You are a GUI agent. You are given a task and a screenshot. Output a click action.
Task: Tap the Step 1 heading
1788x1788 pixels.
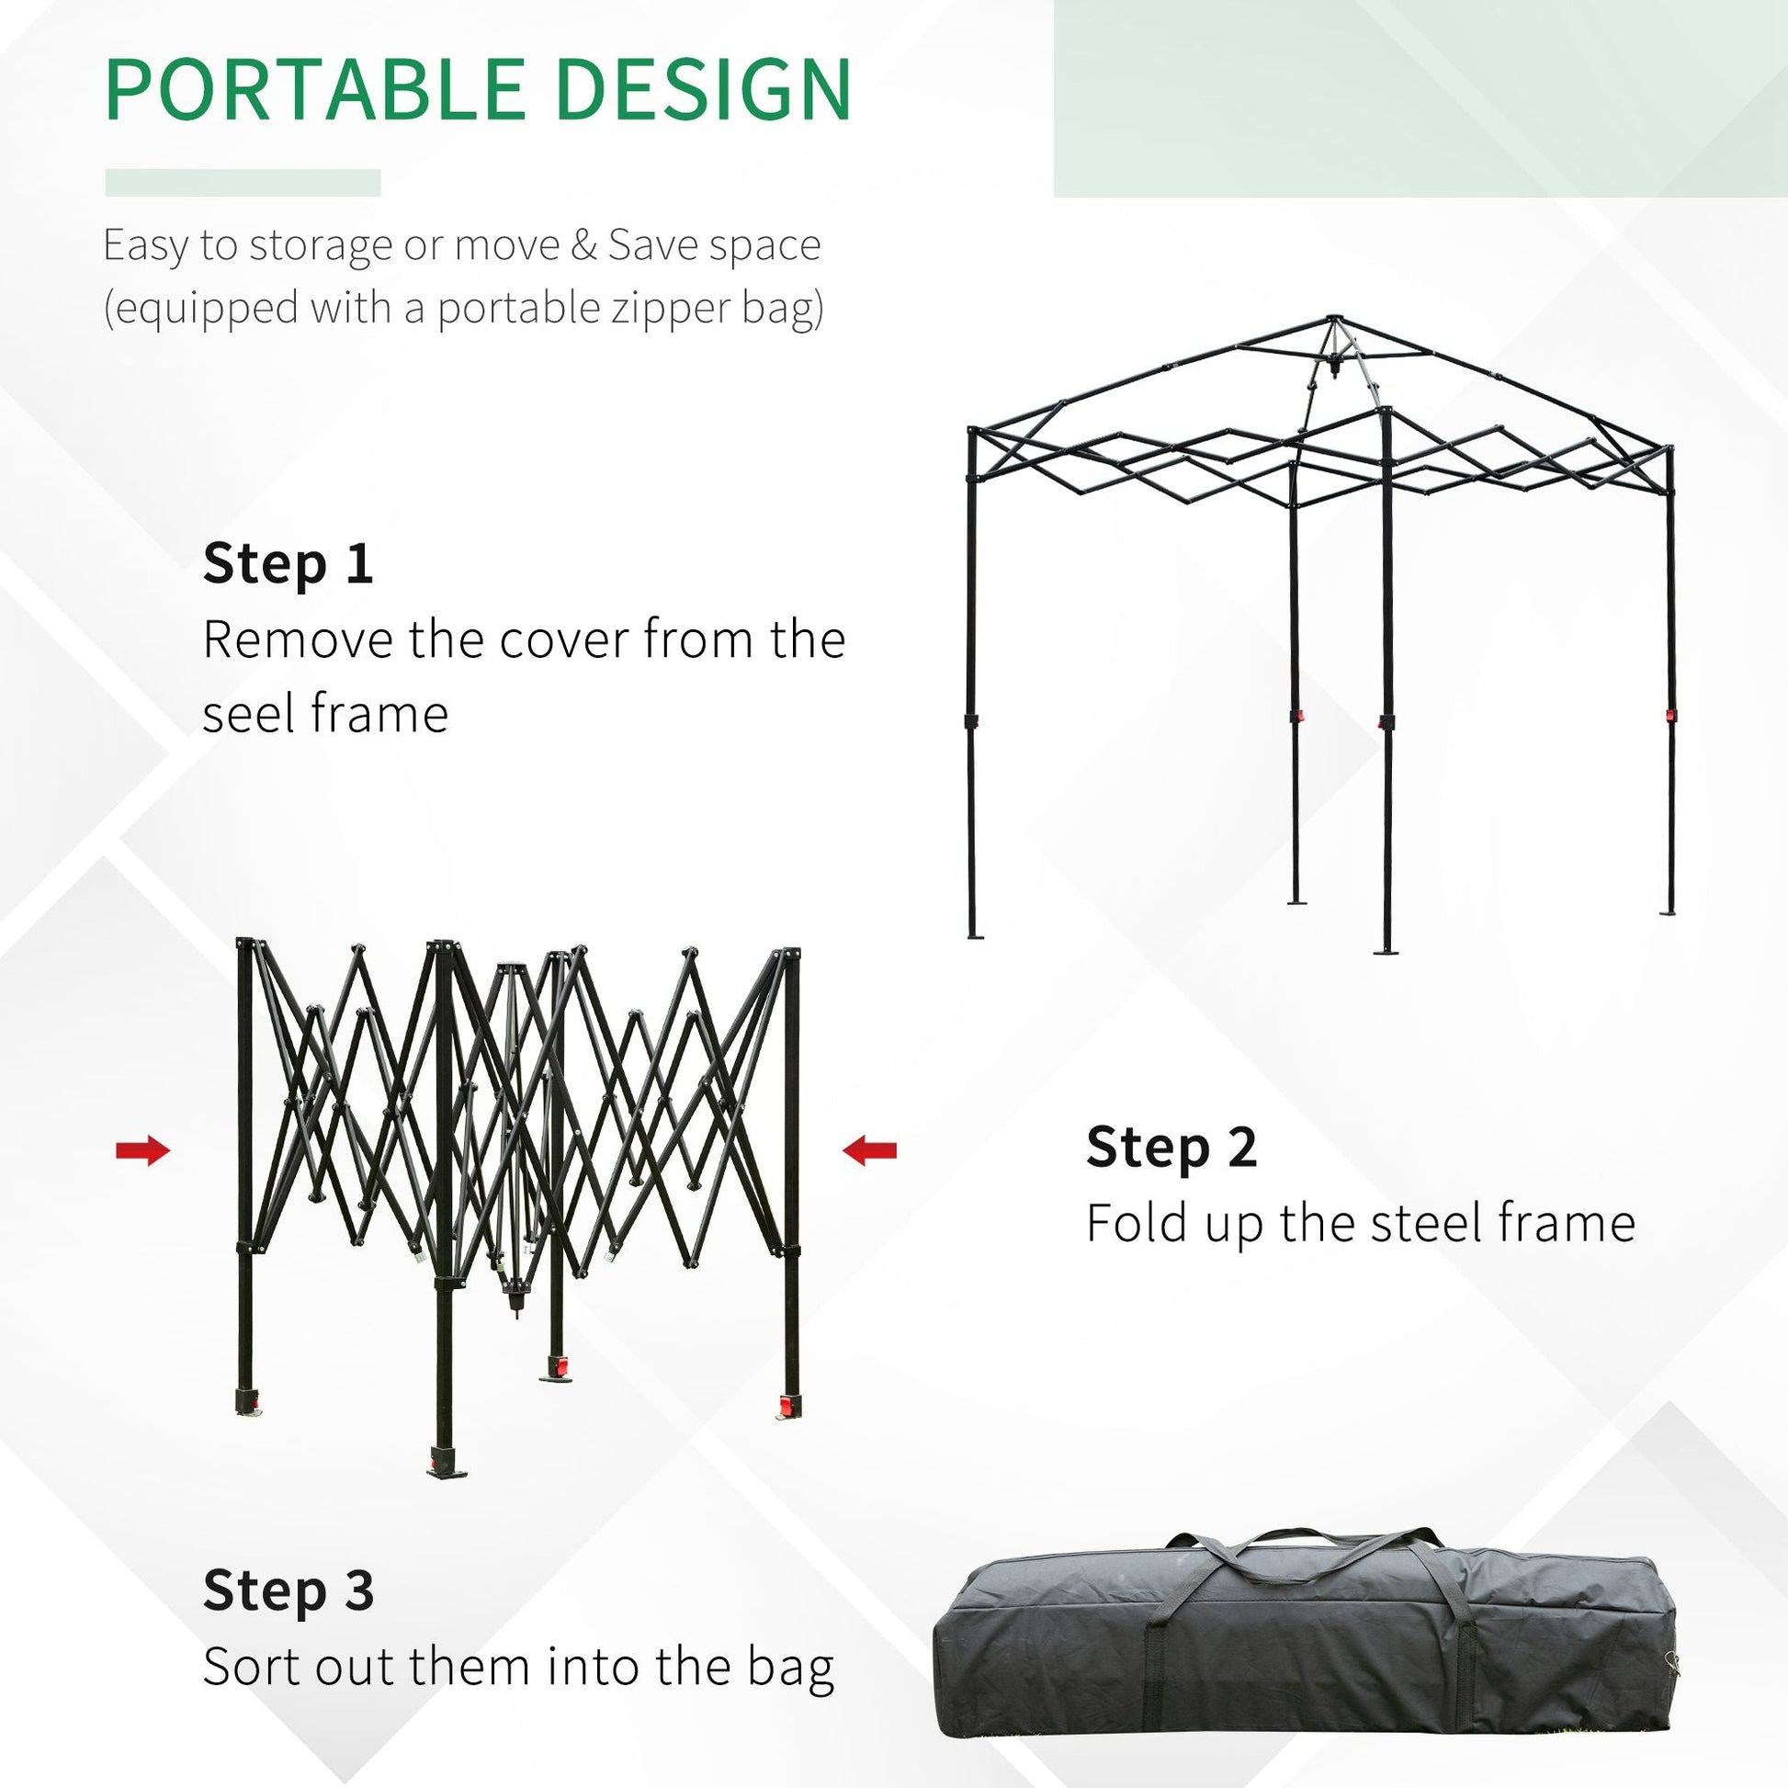(x=288, y=563)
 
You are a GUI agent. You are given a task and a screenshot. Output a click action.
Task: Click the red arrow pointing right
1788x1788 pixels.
(x=143, y=1151)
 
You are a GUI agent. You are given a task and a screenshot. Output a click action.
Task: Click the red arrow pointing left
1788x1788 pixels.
(x=869, y=1150)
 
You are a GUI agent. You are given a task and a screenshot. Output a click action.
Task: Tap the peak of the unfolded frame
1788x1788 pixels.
(x=1331, y=320)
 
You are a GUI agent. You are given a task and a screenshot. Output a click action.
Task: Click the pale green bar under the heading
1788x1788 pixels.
(x=243, y=182)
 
